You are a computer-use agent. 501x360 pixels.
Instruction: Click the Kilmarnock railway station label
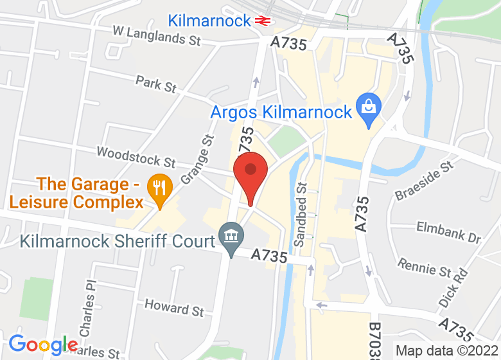pyautogui.click(x=209, y=21)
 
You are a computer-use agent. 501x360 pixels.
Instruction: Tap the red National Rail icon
pyautogui.click(x=261, y=21)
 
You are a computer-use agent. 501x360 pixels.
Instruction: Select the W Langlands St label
pyautogui.click(x=157, y=35)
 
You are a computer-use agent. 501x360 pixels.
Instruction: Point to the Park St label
pyautogui.click(x=156, y=84)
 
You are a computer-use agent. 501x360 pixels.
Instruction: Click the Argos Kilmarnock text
pyautogui.click(x=281, y=112)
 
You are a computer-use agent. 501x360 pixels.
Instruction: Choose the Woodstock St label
pyautogui.click(x=136, y=156)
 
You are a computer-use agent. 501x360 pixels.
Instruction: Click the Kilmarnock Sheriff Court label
pyautogui.click(x=118, y=242)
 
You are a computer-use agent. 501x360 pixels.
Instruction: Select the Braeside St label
pyautogui.click(x=424, y=181)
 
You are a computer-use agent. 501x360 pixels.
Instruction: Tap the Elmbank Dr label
pyautogui.click(x=448, y=232)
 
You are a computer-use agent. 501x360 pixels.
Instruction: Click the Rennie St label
pyautogui.click(x=425, y=266)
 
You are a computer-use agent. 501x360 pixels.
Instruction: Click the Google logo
pyautogui.click(x=43, y=345)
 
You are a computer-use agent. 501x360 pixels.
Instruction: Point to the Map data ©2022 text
pyautogui.click(x=446, y=351)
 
